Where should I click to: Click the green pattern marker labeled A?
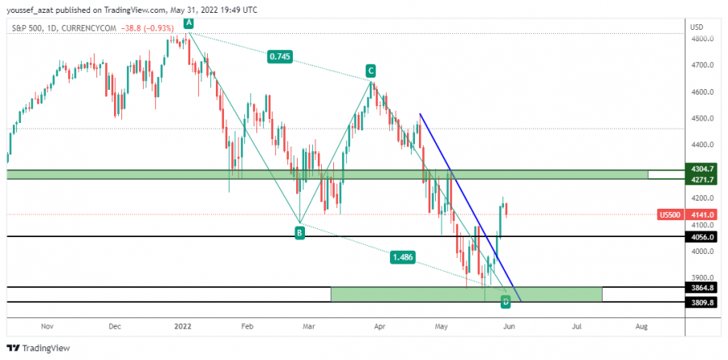click(188, 23)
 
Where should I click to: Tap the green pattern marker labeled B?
click(299, 233)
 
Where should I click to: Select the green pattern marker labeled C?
click(370, 70)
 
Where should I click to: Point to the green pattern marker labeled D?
click(506, 302)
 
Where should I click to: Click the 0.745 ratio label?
click(279, 57)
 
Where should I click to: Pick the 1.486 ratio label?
click(403, 257)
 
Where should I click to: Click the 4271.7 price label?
click(700, 180)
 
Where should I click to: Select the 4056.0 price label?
click(700, 237)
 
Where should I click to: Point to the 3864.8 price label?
click(700, 287)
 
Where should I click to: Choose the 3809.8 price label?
click(700, 302)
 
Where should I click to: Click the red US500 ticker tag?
click(670, 214)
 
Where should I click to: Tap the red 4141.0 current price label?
click(700, 214)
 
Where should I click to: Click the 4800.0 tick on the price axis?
click(700, 39)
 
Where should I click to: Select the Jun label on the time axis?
click(508, 327)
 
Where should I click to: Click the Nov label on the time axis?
click(46, 327)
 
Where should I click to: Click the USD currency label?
click(696, 27)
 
